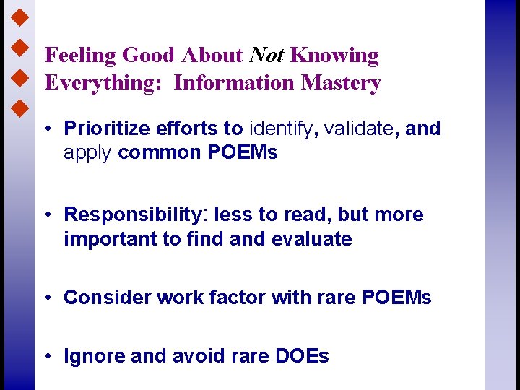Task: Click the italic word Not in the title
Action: (x=266, y=56)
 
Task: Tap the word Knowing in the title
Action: (x=334, y=56)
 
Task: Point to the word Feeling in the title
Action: (x=80, y=56)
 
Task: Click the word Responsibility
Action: (x=134, y=215)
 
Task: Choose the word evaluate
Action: (x=311, y=239)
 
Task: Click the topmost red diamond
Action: (x=21, y=14)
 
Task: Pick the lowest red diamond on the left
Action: (x=21, y=110)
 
